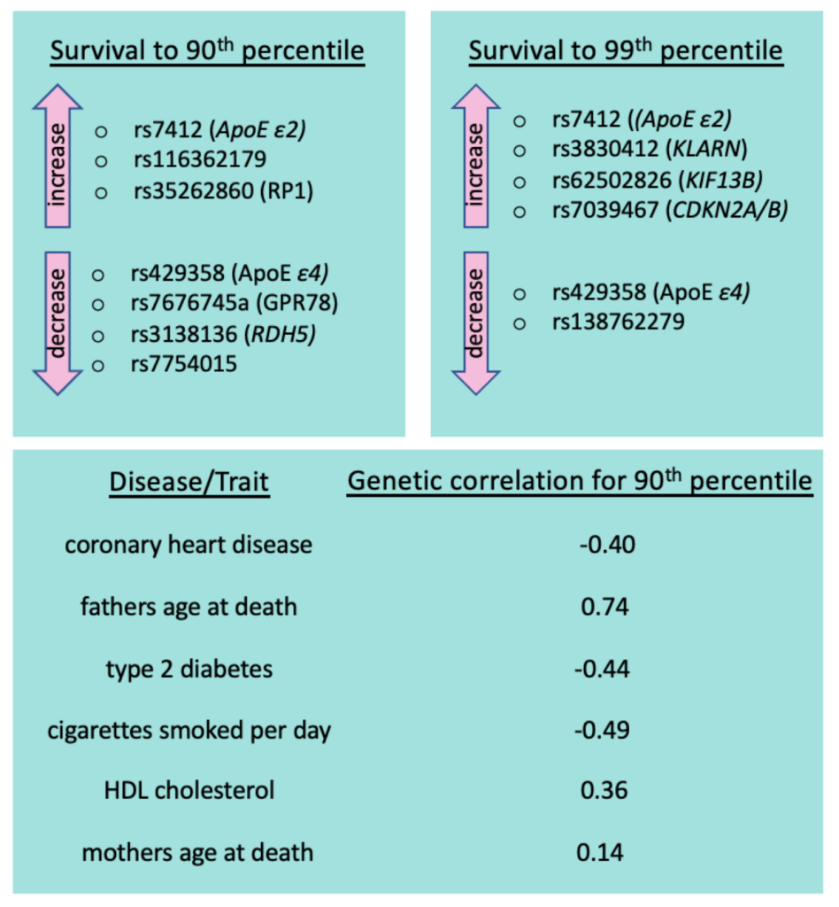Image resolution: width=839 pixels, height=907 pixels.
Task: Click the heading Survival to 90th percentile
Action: coord(207,50)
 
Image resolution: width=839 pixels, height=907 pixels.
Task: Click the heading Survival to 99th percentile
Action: coord(626,50)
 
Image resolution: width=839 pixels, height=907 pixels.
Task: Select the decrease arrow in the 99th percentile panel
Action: coord(476,322)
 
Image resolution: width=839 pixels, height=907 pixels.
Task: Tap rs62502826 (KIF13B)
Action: coord(658,182)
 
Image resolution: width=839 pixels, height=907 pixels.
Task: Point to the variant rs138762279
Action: coord(618,322)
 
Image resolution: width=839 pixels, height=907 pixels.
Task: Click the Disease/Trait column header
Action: coord(189,483)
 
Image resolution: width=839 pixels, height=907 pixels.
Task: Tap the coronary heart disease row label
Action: coord(189,544)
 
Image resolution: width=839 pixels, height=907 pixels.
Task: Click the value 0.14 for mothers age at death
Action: coord(601,853)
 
